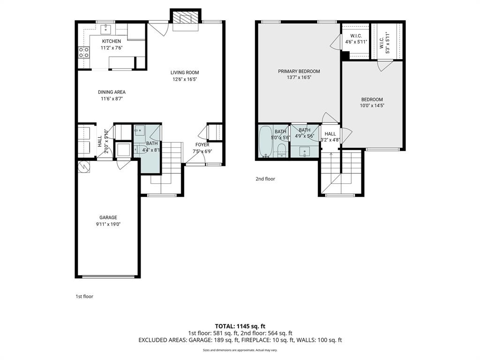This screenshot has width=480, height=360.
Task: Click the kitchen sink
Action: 106,29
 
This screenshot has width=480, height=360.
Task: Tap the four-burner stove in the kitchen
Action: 83,52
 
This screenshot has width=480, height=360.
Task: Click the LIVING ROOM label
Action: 185,73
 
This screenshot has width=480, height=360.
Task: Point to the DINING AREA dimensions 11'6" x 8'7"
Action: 112,99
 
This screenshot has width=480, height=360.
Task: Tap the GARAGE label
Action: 108,217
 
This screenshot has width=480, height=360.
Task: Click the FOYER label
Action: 202,145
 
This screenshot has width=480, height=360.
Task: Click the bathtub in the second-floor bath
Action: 265,141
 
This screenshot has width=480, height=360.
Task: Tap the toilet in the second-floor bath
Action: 281,150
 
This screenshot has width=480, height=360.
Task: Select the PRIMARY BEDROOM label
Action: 299,71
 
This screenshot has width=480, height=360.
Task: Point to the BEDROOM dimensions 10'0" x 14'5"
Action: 372,106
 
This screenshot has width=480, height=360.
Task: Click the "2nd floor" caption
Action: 265,179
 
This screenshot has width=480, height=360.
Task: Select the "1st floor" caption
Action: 84,296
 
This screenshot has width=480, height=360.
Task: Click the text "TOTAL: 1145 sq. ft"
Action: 240,326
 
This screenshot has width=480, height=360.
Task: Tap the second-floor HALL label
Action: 330,134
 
